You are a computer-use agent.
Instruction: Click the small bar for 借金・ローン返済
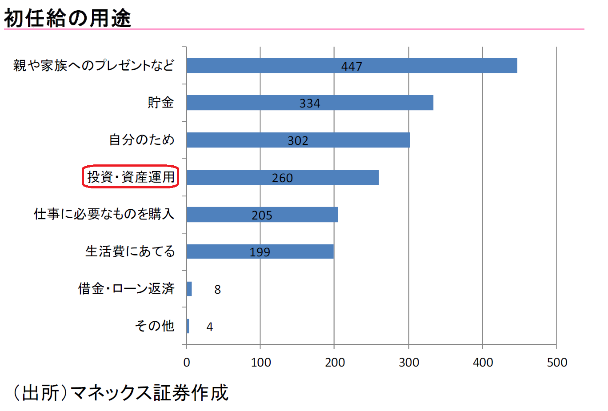tap(189, 289)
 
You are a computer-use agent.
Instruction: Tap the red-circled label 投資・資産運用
tap(131, 177)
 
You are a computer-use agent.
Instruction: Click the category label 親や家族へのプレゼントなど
tap(93, 65)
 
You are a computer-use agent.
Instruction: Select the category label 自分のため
tap(142, 140)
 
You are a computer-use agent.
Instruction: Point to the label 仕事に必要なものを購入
tap(104, 214)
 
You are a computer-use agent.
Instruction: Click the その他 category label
tap(154, 326)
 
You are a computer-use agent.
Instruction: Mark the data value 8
tap(217, 289)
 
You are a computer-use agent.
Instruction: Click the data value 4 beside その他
tap(210, 327)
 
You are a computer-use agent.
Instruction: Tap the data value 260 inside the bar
tap(282, 178)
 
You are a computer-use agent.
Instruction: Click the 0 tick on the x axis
tap(187, 363)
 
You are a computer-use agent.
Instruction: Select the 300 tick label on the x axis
tap(409, 363)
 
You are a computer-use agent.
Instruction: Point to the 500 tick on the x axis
tap(557, 363)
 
